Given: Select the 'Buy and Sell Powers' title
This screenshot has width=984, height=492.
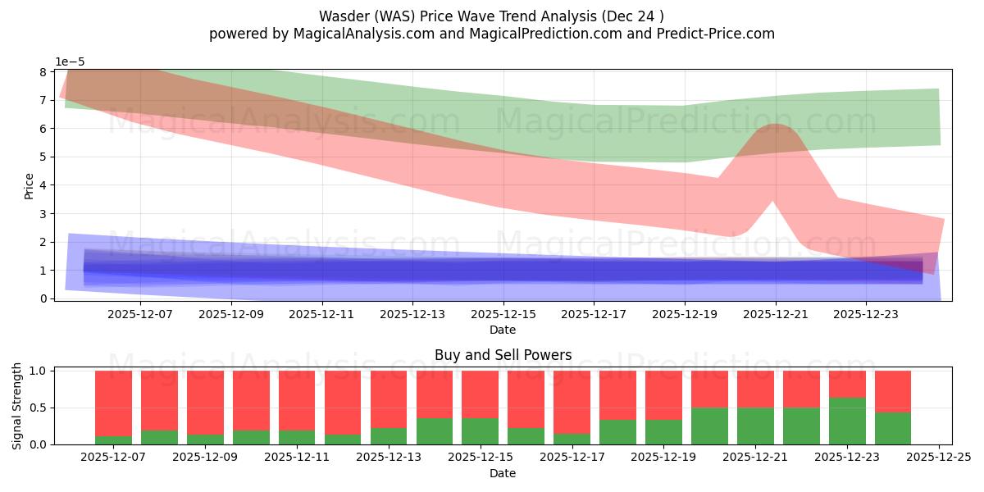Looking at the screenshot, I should point(503,355).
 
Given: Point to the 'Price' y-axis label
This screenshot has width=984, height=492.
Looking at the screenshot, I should point(30,185).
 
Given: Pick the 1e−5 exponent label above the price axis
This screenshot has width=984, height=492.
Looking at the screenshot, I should point(70,62).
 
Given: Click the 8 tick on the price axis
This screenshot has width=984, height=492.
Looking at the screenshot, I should point(43,72).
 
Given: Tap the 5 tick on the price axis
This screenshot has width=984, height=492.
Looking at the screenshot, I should point(43,157).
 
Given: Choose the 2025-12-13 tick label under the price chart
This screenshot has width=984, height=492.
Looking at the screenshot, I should point(412,313).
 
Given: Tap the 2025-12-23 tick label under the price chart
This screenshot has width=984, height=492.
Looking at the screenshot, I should point(866,313).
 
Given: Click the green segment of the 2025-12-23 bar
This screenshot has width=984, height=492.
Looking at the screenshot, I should point(847,421).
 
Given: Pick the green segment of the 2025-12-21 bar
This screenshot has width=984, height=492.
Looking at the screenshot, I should point(755,426).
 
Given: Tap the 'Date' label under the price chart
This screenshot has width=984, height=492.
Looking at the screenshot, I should point(503,330).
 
